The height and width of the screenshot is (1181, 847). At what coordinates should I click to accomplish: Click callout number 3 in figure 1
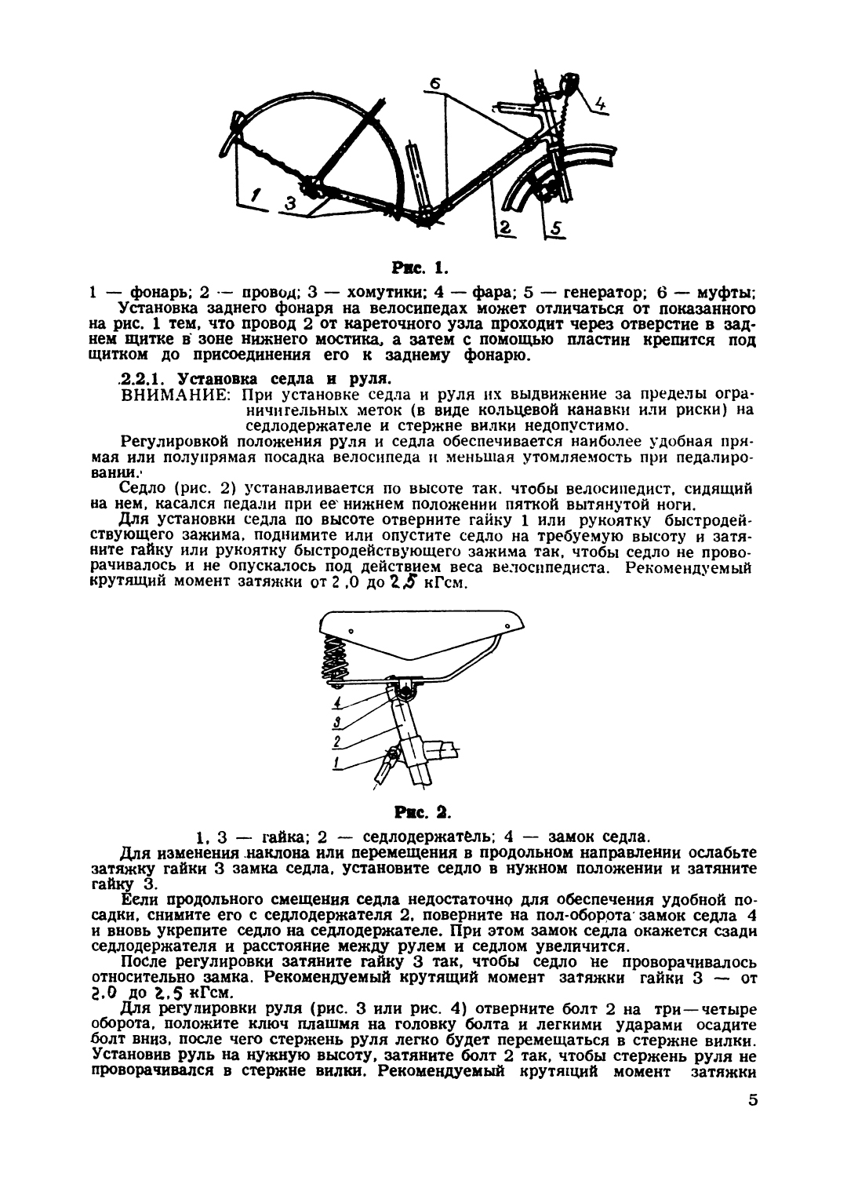[290, 203]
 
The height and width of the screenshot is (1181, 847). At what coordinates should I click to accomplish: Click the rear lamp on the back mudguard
[233, 124]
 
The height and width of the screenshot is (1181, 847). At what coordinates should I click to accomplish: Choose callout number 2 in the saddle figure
[336, 742]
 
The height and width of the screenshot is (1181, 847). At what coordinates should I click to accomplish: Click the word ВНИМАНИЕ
[176, 394]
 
